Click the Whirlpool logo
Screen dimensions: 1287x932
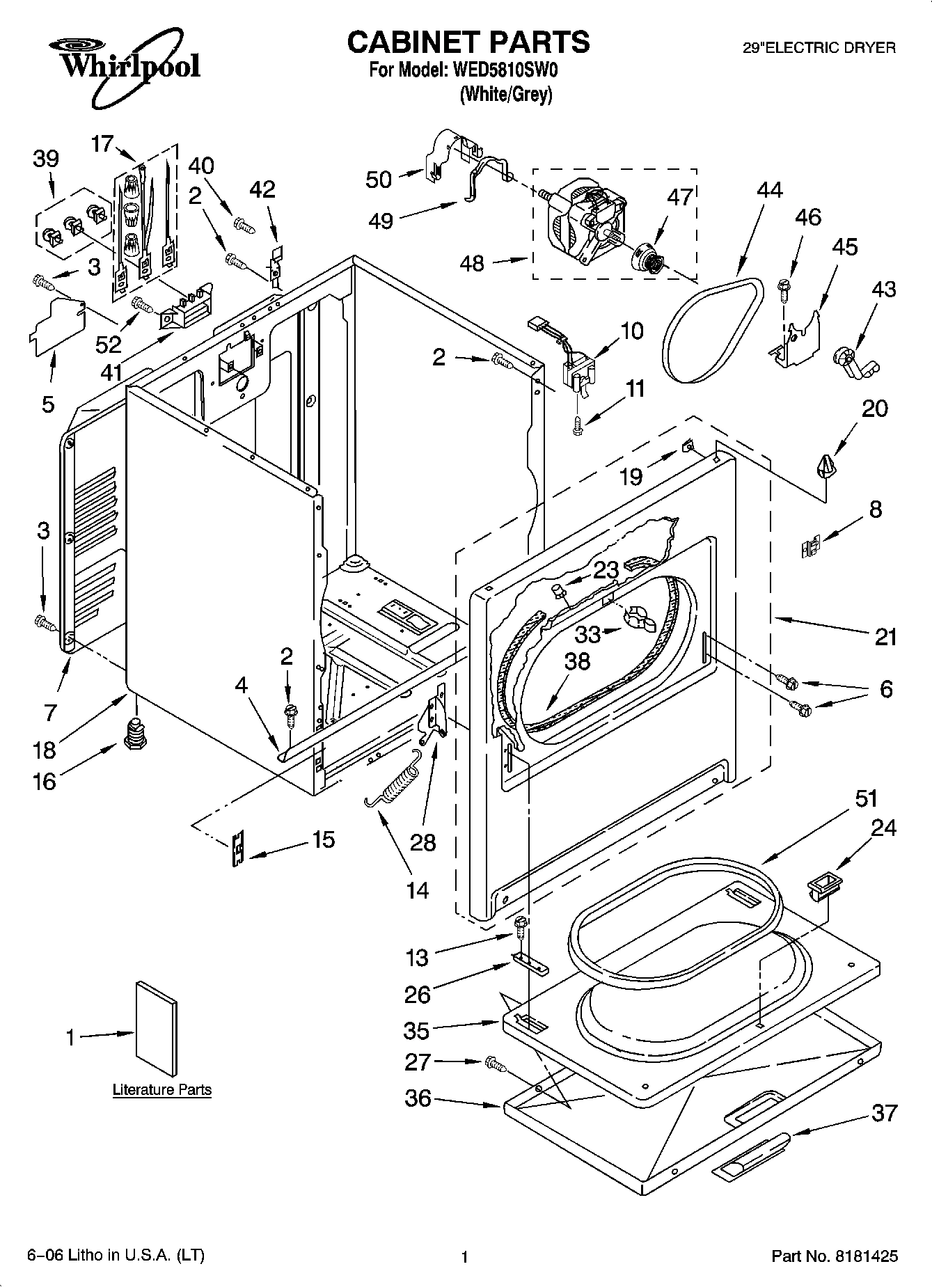pyautogui.click(x=124, y=63)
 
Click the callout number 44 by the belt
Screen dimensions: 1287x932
pyautogui.click(x=770, y=191)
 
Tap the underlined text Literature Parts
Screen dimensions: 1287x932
pyautogui.click(x=161, y=1090)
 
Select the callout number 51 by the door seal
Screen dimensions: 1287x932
pyautogui.click(x=866, y=799)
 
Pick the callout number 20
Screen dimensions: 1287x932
pyautogui.click(x=874, y=409)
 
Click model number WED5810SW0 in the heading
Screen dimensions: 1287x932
pyautogui.click(x=505, y=70)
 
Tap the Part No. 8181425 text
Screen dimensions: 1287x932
pyautogui.click(x=834, y=1256)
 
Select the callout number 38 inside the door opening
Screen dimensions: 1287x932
pyautogui.click(x=577, y=661)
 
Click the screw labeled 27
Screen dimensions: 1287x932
pyautogui.click(x=494, y=1063)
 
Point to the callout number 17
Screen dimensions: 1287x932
pyautogui.click(x=102, y=144)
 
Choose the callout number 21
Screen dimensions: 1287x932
pyautogui.click(x=885, y=637)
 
